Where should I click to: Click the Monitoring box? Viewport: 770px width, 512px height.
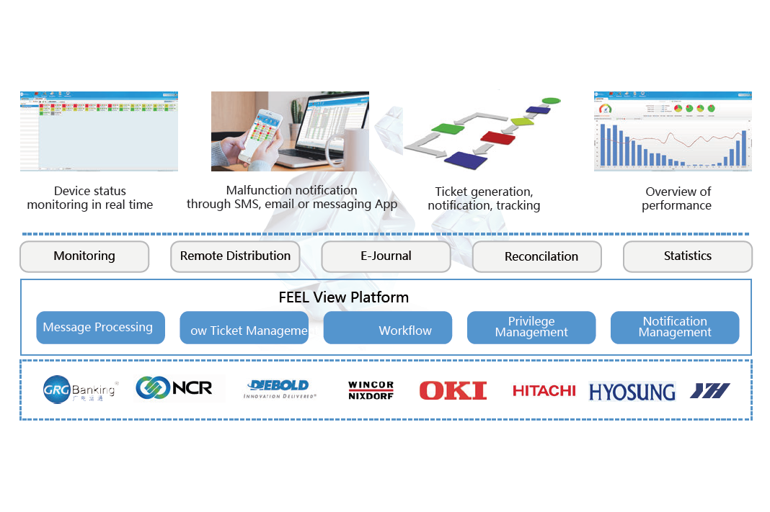click(84, 256)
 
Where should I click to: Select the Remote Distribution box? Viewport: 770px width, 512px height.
click(235, 256)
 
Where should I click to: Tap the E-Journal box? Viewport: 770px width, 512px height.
click(386, 256)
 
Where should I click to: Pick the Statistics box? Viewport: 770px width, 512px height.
click(687, 256)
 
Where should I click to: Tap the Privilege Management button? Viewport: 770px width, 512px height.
click(531, 328)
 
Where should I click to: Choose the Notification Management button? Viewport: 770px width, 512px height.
click(675, 328)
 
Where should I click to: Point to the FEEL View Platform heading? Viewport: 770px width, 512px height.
click(343, 297)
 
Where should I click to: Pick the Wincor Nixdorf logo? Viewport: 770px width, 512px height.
click(371, 390)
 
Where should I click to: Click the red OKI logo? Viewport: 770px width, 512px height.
click(453, 390)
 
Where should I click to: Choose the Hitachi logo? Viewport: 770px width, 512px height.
click(544, 390)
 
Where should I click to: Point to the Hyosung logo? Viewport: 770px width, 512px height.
click(632, 392)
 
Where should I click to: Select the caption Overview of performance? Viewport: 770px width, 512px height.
click(677, 198)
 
